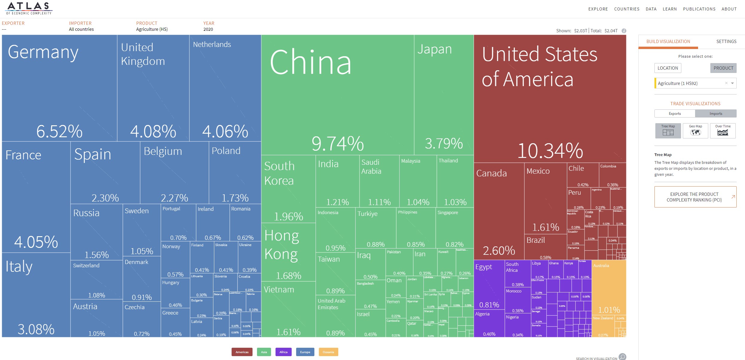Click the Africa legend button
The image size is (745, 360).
click(x=283, y=352)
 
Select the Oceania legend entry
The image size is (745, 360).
click(x=328, y=352)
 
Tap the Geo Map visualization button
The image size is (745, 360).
click(x=695, y=131)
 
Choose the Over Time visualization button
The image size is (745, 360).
click(x=723, y=131)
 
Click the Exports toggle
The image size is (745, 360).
click(x=675, y=114)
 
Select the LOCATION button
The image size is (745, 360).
click(x=668, y=68)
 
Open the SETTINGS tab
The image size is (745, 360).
click(x=726, y=42)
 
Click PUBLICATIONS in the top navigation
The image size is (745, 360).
click(x=699, y=9)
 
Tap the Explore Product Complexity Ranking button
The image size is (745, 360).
click(x=695, y=197)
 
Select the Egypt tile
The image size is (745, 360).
click(x=489, y=284)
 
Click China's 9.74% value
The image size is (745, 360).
click(x=337, y=143)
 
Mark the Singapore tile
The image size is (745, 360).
click(x=454, y=227)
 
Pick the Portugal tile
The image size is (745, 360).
click(x=178, y=223)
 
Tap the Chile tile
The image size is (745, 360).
click(x=582, y=175)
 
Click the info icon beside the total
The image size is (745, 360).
click(x=624, y=31)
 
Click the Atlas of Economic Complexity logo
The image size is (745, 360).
click(x=29, y=8)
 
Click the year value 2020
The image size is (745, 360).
click(x=208, y=29)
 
